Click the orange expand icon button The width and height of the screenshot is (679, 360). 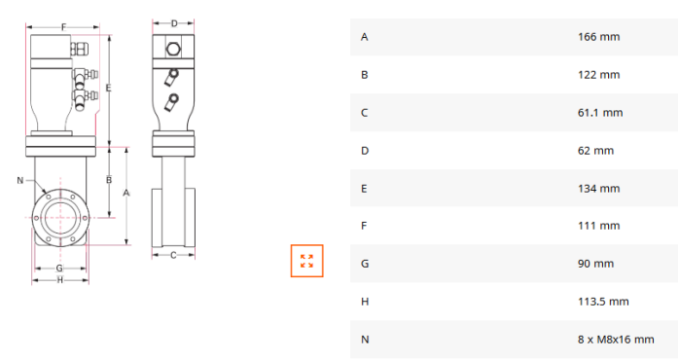point(306,261)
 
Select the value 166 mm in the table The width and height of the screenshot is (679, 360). point(598,37)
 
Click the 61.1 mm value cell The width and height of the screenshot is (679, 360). point(600,113)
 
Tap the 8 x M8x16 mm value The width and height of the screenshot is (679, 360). point(616,340)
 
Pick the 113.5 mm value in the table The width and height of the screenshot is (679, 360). point(603,302)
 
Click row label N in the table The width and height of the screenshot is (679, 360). point(365,340)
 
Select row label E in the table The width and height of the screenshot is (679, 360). point(364,189)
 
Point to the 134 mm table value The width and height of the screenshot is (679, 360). point(598,189)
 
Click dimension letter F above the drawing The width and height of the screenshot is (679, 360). point(63,27)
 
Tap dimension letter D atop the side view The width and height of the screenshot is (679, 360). point(174,23)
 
